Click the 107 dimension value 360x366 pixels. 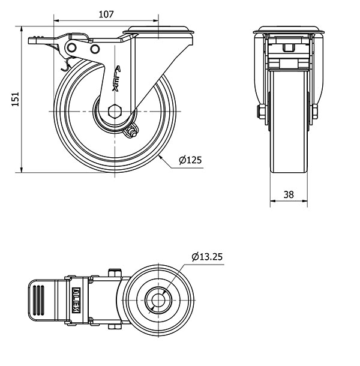(106, 14)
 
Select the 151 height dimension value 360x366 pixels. (16, 99)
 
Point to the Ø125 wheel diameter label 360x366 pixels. (190, 160)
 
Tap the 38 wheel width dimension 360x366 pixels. (289, 194)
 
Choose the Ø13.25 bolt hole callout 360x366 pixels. (207, 257)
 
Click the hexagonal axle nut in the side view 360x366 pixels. (115, 112)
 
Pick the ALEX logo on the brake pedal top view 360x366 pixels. (76, 300)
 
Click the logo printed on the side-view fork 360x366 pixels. (116, 78)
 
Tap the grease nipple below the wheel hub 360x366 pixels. (131, 131)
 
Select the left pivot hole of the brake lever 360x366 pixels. (71, 48)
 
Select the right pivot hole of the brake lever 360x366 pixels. (95, 49)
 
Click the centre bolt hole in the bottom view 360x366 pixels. (158, 300)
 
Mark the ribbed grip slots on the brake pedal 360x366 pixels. (38, 300)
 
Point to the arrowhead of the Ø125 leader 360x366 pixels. (160, 157)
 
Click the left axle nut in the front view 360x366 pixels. (262, 112)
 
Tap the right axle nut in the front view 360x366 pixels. (314, 112)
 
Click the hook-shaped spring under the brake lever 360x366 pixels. (66, 64)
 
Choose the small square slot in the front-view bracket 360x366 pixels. (289, 47)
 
